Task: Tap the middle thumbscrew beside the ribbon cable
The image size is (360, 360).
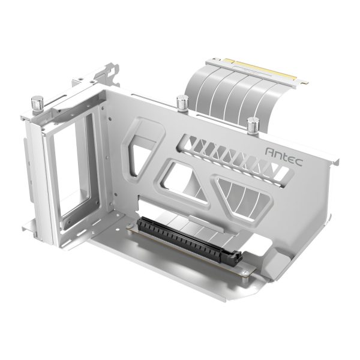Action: pos(181,103)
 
